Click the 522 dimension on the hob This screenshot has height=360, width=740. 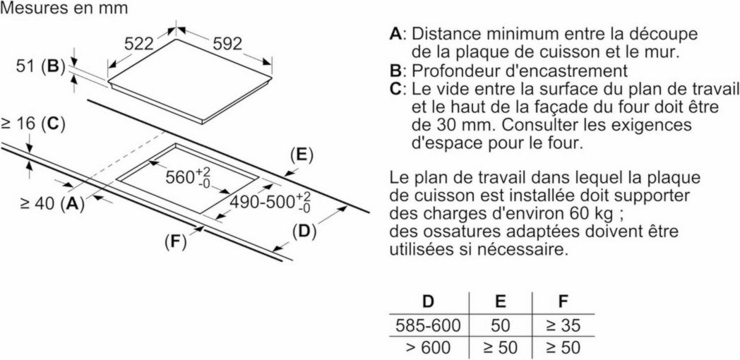[x=139, y=44]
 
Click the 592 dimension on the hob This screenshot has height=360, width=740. [x=227, y=44]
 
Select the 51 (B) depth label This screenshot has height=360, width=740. [x=40, y=67]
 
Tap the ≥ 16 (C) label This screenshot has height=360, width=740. [x=33, y=124]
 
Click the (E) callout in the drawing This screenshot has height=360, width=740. [x=301, y=155]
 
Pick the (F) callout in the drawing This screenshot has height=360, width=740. [x=174, y=242]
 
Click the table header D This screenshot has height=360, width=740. [x=428, y=302]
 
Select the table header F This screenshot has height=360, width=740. [x=563, y=302]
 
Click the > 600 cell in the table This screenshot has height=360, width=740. [x=428, y=348]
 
